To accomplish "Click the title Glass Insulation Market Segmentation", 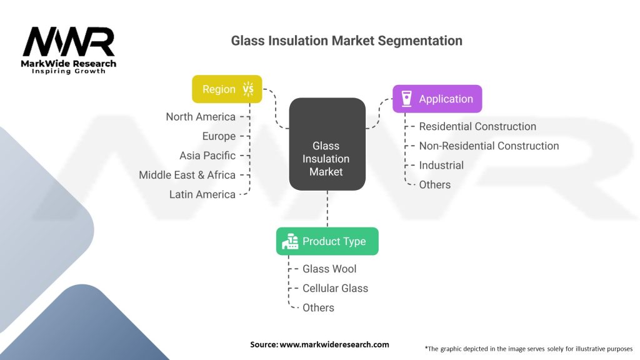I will point(346,41).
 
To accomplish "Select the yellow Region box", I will point(227,89).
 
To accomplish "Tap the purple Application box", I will point(437,99).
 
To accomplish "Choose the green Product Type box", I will point(327,241).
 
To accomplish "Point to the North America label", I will point(201,117).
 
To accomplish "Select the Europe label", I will point(219,136).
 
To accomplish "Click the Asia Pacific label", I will point(207,156).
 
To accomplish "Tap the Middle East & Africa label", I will point(187,175).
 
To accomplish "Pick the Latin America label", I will point(202,194).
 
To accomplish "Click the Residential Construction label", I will point(477,126).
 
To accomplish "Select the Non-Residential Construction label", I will point(489,146).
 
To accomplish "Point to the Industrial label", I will point(441,165).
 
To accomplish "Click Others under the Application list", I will point(434,184).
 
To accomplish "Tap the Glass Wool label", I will point(329,269).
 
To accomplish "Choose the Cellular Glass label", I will point(335,288).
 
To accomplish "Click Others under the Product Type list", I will point(318,307).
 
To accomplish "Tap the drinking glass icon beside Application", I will point(406,99).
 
